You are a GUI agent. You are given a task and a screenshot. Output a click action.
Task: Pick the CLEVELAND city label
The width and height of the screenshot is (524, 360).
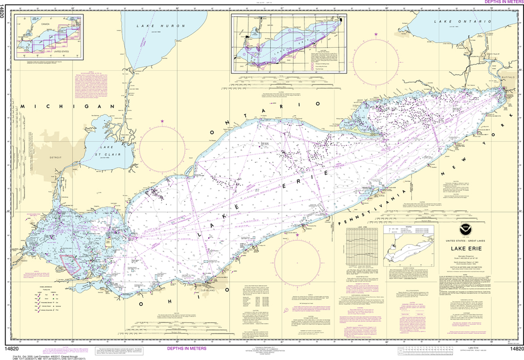(215, 289)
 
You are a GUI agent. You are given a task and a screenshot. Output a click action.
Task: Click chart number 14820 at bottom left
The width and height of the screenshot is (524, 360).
(12, 349)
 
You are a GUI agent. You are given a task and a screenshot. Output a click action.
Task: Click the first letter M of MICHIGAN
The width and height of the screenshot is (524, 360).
(23, 106)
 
